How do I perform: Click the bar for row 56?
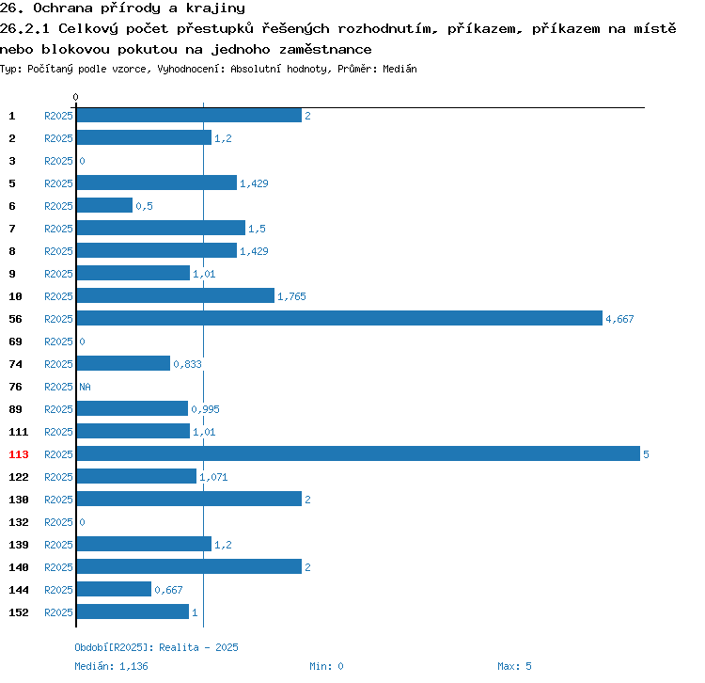tap(339, 318)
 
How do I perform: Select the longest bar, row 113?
tap(358, 453)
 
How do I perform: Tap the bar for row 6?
tap(104, 205)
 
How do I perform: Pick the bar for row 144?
tap(114, 589)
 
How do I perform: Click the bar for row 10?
tap(176, 295)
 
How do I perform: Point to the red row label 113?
tap(19, 454)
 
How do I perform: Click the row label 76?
tap(15, 387)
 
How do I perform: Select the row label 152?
tap(19, 612)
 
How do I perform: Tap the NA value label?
tap(85, 387)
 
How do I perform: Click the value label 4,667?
tap(619, 319)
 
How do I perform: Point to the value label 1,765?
tap(291, 296)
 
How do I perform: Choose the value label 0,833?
tap(187, 364)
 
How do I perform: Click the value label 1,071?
tap(213, 477)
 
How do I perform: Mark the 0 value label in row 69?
tap(82, 341)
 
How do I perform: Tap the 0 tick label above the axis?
tap(75, 97)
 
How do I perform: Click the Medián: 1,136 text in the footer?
tap(111, 666)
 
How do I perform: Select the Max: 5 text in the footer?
tap(514, 666)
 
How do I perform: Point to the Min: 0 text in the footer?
tap(326, 666)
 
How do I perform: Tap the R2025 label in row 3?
tap(58, 161)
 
